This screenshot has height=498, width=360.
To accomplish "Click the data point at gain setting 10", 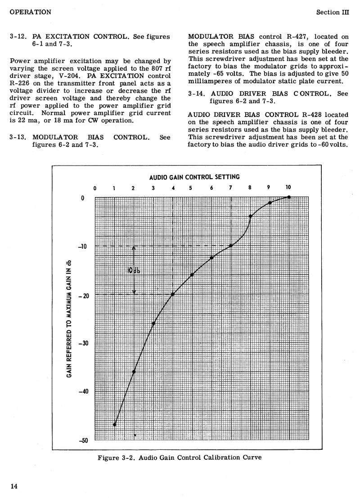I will tap(289, 197).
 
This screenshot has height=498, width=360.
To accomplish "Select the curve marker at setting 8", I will tap(250, 216).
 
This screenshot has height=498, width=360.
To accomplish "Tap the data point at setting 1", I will tap(115, 424).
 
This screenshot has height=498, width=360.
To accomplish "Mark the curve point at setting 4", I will tap(173, 294).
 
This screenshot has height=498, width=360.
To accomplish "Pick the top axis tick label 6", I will tap(211, 188).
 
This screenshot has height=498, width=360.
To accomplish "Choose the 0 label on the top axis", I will tap(95, 188).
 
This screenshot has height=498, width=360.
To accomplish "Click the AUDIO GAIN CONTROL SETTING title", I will tap(194, 177).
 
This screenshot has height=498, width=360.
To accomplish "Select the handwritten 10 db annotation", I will tap(134, 270).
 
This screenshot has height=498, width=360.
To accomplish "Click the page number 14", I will tap(14, 485).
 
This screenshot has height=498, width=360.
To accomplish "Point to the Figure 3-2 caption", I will tap(179, 458).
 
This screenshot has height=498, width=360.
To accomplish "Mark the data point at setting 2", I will tap(134, 371).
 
